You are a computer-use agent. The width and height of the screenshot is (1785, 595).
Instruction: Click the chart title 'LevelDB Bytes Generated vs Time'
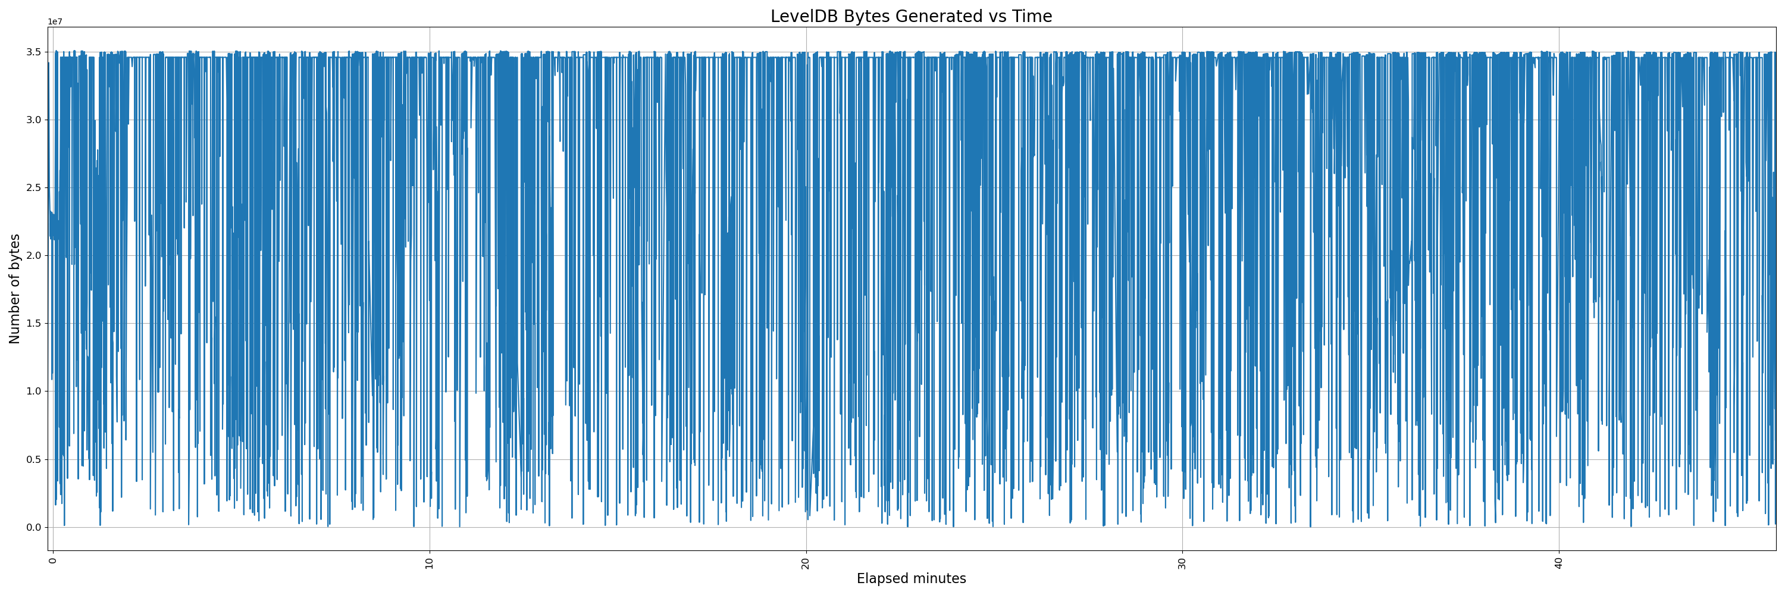910,16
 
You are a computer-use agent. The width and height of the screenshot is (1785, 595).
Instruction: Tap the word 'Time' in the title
1032,16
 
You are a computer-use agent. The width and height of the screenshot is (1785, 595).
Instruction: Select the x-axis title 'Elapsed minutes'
910,578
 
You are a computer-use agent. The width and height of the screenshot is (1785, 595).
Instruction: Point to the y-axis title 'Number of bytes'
14,289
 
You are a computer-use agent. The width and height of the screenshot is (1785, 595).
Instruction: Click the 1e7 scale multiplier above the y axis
55,21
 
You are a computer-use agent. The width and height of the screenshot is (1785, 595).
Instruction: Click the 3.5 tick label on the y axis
33,52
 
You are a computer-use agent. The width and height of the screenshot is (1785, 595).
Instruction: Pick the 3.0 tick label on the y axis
33,120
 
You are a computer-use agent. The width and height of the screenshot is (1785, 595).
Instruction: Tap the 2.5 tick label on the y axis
33,187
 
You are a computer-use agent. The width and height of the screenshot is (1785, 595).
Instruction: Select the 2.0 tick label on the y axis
33,256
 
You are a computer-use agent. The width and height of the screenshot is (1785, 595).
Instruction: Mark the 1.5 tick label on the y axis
33,324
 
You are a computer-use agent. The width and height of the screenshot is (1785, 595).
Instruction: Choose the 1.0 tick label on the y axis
33,392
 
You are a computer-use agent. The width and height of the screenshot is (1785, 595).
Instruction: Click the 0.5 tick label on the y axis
33,459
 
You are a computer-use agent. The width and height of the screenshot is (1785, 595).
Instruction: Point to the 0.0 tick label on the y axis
33,527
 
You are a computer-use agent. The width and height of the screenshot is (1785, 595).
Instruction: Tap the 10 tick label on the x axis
429,562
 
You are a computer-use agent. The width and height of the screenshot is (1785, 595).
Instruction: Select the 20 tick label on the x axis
805,562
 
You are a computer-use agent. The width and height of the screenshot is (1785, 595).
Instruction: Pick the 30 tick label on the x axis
1182,562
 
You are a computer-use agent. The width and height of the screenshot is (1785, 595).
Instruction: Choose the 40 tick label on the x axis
1558,562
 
